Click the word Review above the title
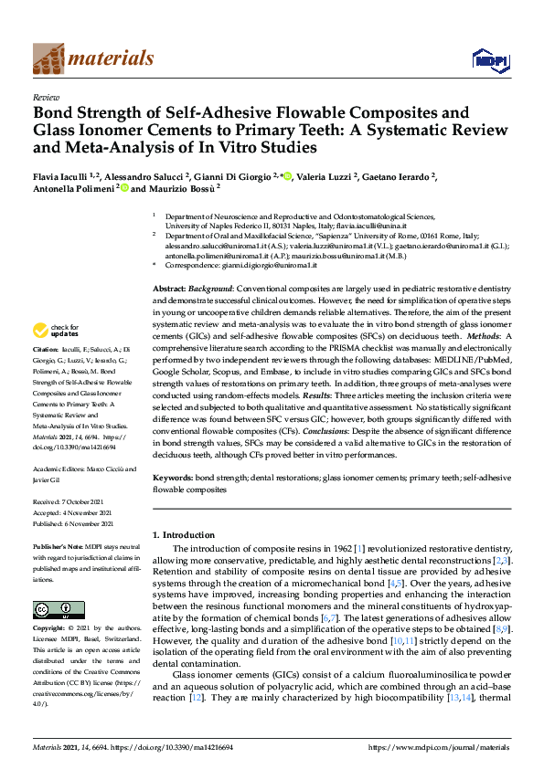point(46,96)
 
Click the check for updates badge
point(56,331)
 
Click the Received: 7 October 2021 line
point(74,501)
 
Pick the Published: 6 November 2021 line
point(78,523)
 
